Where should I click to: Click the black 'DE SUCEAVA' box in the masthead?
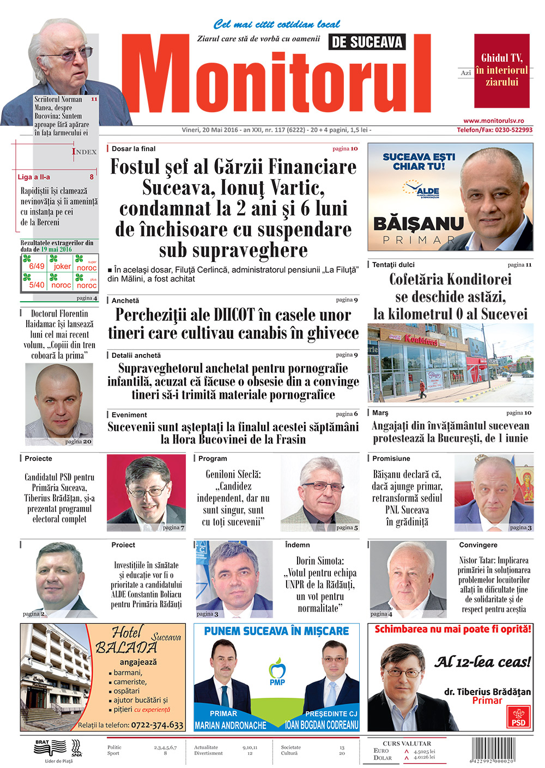point(367,42)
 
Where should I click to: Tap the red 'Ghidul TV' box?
point(501,70)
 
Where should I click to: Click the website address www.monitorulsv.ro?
point(493,121)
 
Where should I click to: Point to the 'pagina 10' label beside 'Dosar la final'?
point(345,148)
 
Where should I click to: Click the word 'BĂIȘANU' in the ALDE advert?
point(418,224)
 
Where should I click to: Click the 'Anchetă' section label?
point(125,300)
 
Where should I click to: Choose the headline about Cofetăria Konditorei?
point(450,296)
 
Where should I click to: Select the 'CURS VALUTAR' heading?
point(407,743)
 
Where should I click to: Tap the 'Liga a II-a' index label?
point(34,177)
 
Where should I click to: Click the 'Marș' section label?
point(380,413)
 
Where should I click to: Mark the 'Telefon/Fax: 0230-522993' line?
point(494,130)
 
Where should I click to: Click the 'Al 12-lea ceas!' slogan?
point(482,662)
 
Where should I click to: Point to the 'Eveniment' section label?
point(129,415)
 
